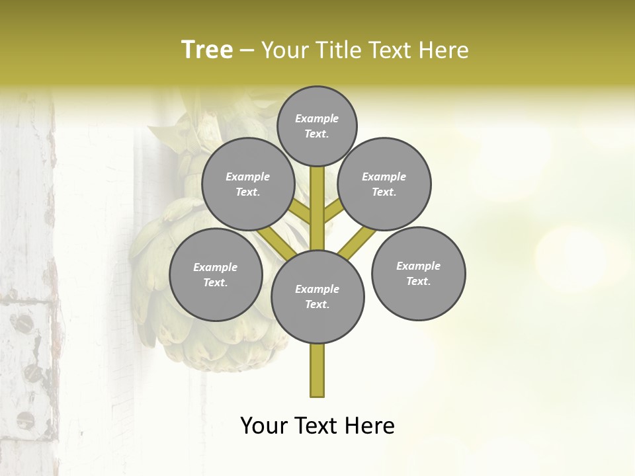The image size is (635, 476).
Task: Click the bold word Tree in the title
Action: point(207,50)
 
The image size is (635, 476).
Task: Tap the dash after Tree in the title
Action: point(247,50)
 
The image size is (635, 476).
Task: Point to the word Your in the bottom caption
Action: point(265,426)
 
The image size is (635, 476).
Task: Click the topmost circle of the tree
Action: point(317,126)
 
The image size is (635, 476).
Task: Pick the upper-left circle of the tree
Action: point(248,184)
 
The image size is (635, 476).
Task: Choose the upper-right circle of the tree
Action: point(384,184)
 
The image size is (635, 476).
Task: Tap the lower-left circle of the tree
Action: point(216,274)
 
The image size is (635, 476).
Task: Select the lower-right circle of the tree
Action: point(418,273)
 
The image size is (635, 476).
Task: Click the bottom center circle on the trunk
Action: point(317,296)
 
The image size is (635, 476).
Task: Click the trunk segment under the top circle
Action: point(317,198)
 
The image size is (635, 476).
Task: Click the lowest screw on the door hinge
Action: point(25,418)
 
